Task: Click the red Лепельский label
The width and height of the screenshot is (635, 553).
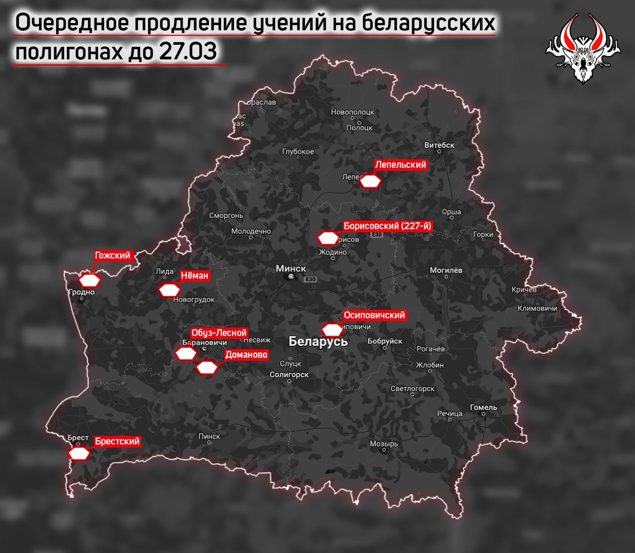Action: point(400,165)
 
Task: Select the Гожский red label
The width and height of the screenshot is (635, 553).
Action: point(113,256)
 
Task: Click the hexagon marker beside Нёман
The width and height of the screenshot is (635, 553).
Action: point(169,290)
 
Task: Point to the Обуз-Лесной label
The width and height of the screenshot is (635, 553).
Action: point(219,333)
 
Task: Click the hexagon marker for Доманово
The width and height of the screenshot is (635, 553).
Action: point(207,368)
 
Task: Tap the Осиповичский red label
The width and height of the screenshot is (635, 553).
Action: point(375,315)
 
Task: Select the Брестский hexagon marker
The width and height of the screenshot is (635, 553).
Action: point(79,453)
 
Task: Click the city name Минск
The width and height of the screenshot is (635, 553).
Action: point(291,268)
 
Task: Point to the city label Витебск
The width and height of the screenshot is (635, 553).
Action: point(440,145)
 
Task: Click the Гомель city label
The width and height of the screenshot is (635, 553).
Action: point(483,407)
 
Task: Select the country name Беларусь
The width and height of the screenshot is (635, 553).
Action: point(318,341)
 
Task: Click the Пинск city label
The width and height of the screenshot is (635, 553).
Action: point(209,436)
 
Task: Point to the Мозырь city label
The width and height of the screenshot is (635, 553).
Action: point(384,444)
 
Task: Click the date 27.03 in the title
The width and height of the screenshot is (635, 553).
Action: point(188,52)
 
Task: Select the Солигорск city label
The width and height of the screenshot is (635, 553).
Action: point(289,375)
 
